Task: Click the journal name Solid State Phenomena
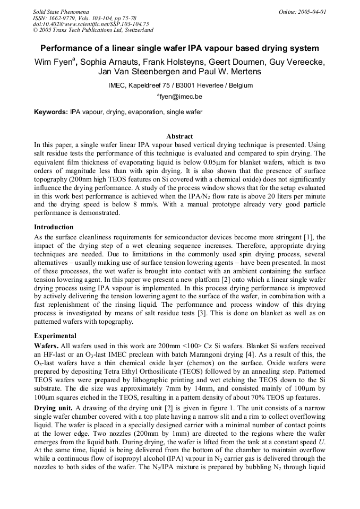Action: [x=61, y=11]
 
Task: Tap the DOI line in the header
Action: [x=91, y=24]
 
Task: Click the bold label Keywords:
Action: [x=51, y=112]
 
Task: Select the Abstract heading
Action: [x=179, y=136]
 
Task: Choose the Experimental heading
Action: [x=55, y=335]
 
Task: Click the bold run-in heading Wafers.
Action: [x=46, y=346]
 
